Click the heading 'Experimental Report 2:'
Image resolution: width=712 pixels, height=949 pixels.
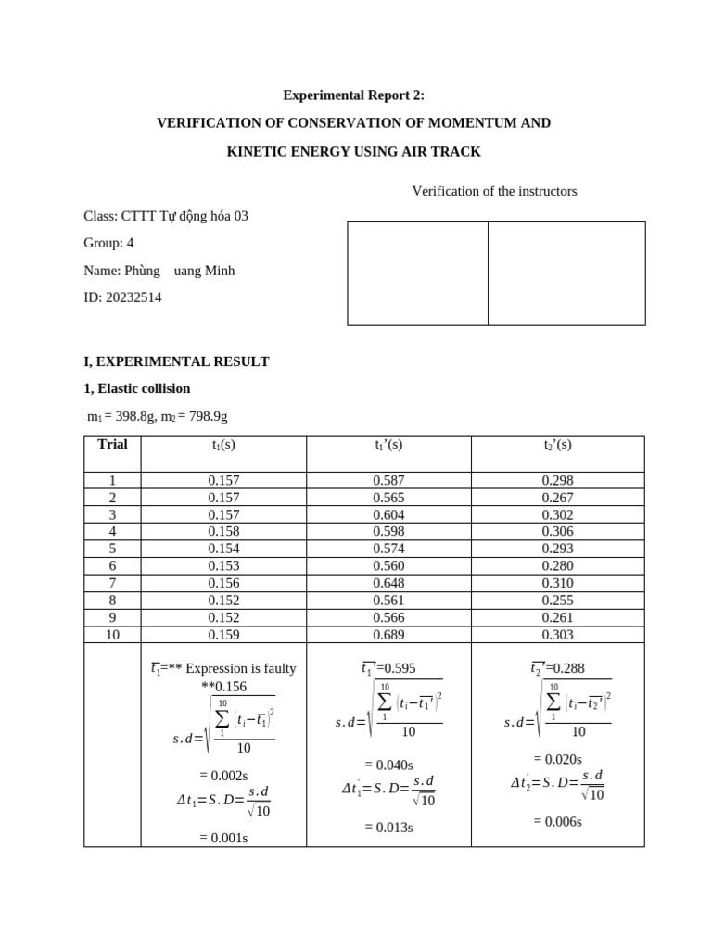pyautogui.click(x=355, y=95)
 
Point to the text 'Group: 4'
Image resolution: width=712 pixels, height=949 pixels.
pyautogui.click(x=108, y=243)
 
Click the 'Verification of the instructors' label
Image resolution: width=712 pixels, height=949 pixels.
pyautogui.click(x=494, y=191)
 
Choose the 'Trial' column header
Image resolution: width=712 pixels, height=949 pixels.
pyautogui.click(x=112, y=444)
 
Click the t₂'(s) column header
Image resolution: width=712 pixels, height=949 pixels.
pyautogui.click(x=557, y=445)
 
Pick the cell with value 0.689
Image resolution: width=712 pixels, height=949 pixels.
pyautogui.click(x=388, y=635)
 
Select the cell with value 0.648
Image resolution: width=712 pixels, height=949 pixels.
pyautogui.click(x=388, y=583)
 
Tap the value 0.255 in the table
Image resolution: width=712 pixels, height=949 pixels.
pyautogui.click(x=557, y=600)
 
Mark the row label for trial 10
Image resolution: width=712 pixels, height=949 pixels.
pyautogui.click(x=112, y=635)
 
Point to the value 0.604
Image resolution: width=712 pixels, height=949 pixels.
pyautogui.click(x=388, y=514)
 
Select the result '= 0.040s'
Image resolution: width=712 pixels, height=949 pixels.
pyautogui.click(x=388, y=765)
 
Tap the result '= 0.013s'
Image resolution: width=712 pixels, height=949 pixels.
pyautogui.click(x=388, y=827)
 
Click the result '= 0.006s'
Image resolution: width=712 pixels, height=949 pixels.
pyautogui.click(x=557, y=821)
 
